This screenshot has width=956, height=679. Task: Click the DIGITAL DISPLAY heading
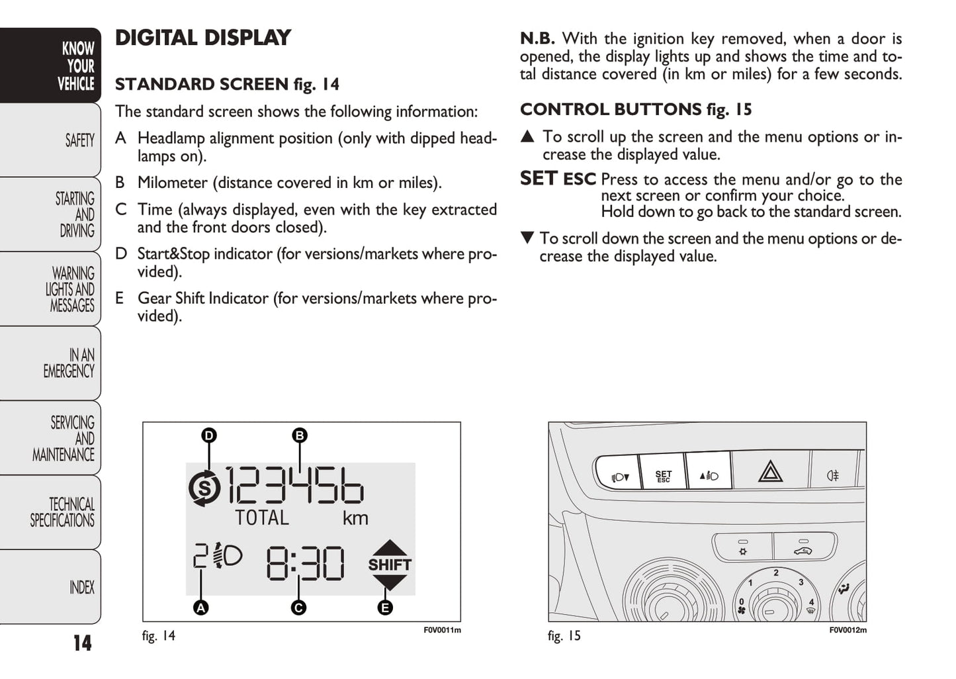202,38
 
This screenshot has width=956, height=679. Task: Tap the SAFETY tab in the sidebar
79,140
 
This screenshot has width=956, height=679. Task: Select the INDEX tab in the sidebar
81,587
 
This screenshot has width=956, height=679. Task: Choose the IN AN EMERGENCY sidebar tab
69,363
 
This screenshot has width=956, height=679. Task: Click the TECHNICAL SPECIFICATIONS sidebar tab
62,512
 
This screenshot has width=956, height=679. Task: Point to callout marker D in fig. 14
209,435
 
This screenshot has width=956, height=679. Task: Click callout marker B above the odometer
300,435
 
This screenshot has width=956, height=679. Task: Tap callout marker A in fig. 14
200,607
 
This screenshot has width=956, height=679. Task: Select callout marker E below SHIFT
384,607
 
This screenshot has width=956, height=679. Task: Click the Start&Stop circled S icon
204,489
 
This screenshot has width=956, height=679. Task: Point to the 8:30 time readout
305,564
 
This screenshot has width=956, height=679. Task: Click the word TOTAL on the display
262,518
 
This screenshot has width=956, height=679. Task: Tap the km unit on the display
355,518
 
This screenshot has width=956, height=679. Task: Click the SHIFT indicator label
390,565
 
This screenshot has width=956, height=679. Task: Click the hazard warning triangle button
770,472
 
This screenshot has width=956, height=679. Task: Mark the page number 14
82,643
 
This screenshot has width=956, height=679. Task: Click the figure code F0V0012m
847,630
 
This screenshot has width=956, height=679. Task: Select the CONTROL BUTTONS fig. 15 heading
635,109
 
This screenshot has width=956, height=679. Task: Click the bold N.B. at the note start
537,38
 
